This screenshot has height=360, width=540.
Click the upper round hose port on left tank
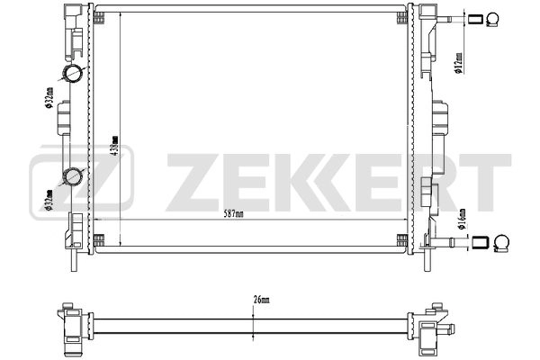[72, 73]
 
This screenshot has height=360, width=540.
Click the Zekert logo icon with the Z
[81, 177]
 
